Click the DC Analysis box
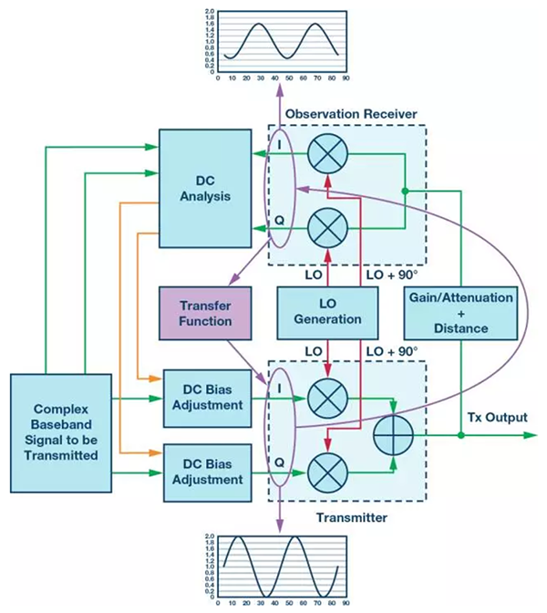click(204, 188)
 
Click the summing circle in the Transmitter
click(393, 434)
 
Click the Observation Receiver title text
click(351, 113)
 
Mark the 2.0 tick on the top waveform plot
click(210, 12)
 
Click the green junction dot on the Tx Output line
click(461, 435)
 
